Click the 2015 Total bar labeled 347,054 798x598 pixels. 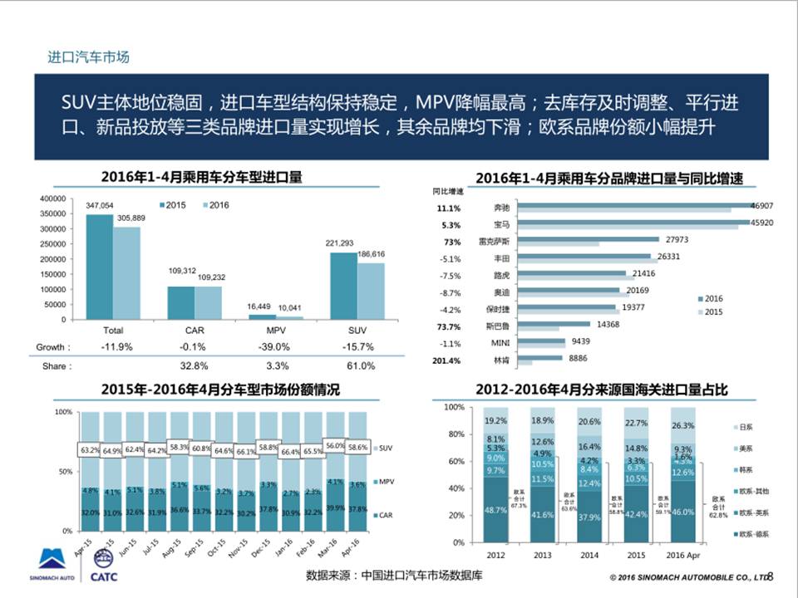coord(99,267)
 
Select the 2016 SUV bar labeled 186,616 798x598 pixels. coord(371,291)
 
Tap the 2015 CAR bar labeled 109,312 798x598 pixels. coord(180,302)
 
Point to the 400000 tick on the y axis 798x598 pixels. coord(52,199)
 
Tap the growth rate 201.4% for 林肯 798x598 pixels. coord(446,361)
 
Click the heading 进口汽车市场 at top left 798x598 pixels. coord(88,57)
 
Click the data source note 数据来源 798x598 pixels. coord(394,575)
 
